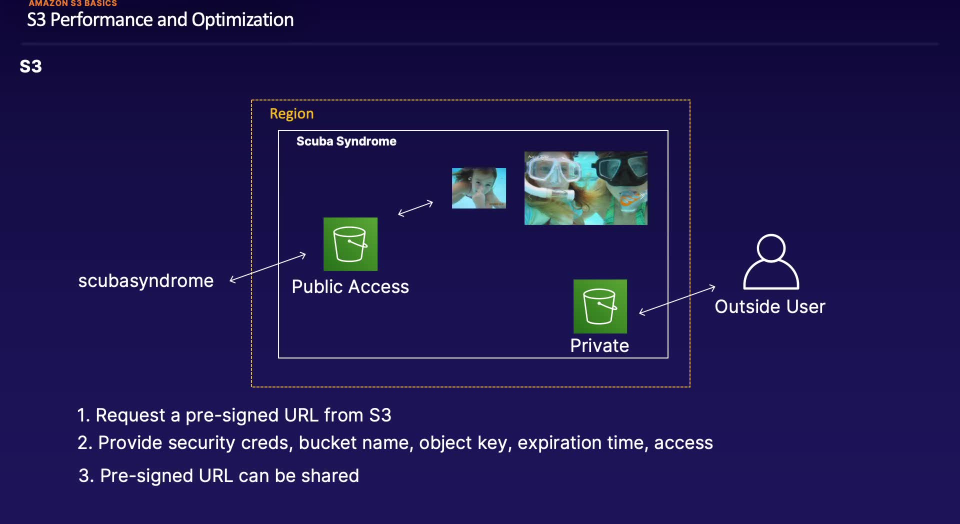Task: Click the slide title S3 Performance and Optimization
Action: [x=160, y=20]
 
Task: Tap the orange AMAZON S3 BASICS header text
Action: [x=72, y=3]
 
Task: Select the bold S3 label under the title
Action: [x=30, y=66]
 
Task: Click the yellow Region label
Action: [x=291, y=113]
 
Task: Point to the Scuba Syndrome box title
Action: [x=346, y=141]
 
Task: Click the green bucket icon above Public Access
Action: [x=350, y=244]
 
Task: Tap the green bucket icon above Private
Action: [x=600, y=306]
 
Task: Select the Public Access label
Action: [x=350, y=287]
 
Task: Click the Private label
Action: [x=599, y=345]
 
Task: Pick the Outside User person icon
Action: [x=771, y=262]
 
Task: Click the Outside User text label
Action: [x=769, y=306]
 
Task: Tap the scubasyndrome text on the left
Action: [x=145, y=281]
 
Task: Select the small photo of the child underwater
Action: [x=478, y=188]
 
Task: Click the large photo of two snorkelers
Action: [x=585, y=188]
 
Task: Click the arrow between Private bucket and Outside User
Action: [x=677, y=300]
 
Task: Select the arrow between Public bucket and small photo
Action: [x=415, y=208]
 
